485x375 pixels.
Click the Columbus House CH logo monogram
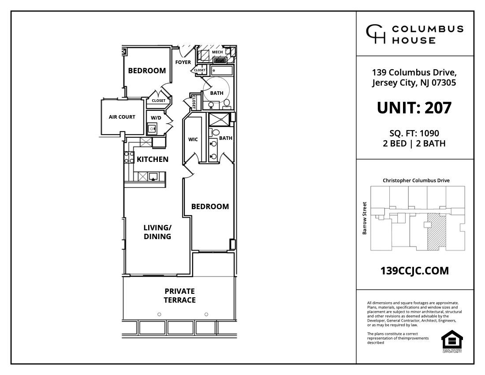[375, 34]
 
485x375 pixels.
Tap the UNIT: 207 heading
[414, 108]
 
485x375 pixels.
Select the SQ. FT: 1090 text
[414, 133]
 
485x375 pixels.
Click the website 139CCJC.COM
[414, 271]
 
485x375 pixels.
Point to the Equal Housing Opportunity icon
[452, 341]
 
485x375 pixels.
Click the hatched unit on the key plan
[437, 232]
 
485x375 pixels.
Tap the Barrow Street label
[365, 218]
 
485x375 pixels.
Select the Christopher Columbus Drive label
[416, 180]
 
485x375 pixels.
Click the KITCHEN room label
[152, 159]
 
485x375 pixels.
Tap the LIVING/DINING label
[157, 232]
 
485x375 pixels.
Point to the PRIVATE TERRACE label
[179, 296]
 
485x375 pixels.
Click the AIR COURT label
[122, 117]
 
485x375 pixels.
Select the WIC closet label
[193, 139]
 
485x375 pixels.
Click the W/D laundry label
[156, 118]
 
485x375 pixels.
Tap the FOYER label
[183, 62]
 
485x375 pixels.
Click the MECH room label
[217, 52]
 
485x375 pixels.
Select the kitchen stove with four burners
[129, 157]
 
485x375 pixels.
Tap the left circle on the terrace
[159, 314]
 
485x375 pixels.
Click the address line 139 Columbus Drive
[414, 72]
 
